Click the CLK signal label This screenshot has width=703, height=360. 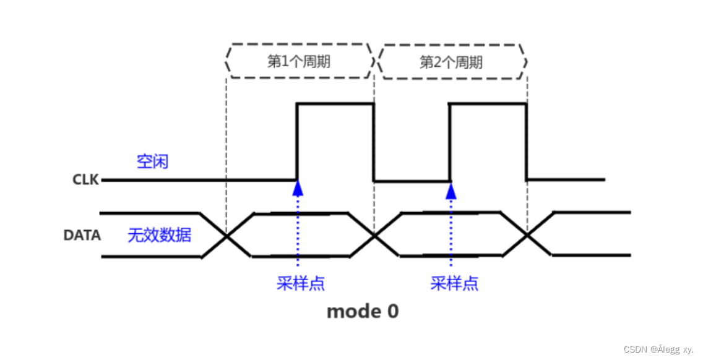pos(86,181)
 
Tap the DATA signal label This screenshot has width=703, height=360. pos(82,235)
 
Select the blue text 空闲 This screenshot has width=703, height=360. pos(152,162)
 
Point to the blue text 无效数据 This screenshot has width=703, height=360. pos(159,235)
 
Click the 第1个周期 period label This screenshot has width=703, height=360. pos(298,62)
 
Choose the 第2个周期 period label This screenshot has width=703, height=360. pos(451,62)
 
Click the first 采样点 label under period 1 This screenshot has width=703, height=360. pos(301,283)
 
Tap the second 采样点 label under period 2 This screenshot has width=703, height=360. pos(454,283)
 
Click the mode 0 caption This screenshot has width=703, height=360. pos(363,311)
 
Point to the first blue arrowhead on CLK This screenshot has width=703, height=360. pos(298,187)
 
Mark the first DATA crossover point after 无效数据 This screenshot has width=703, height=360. pos(226,235)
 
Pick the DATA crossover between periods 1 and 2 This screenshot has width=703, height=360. pos(374,235)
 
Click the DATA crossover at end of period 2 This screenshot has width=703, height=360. pos(527,235)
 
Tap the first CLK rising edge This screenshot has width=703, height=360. pos(298,142)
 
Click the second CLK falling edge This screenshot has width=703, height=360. pos(526,142)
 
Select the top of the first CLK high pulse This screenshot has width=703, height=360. pos(335,104)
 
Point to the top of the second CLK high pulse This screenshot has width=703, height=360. pos(488,104)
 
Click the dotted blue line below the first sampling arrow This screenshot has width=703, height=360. pos(298,235)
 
